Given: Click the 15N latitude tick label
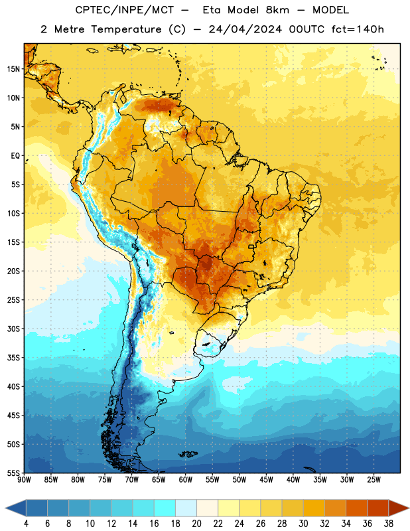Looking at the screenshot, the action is (13, 69).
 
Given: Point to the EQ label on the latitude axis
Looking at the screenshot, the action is (15, 156).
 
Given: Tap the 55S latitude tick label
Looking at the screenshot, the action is (13, 473).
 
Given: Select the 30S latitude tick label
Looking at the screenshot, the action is (13, 329).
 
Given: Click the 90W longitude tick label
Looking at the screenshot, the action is (24, 480).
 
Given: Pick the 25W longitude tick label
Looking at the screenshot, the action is (374, 480).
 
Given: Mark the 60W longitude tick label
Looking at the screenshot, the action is (186, 480).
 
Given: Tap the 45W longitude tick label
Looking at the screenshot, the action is (267, 480).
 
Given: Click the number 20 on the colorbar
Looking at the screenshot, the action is (196, 524).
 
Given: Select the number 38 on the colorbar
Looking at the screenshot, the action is (389, 524).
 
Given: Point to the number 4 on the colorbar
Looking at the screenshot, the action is (26, 524).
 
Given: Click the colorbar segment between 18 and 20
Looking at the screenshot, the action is (186, 508).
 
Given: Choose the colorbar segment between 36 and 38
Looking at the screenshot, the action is (378, 508).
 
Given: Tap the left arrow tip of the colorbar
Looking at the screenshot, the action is (5, 508).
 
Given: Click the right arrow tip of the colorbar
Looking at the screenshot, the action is (409, 508).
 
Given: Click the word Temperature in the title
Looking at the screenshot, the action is (126, 29).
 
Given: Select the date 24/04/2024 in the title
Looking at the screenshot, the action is (245, 29).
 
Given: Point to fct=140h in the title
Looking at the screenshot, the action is (358, 29).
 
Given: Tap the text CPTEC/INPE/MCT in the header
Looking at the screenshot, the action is (125, 10).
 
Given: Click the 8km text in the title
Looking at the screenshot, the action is (277, 10).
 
